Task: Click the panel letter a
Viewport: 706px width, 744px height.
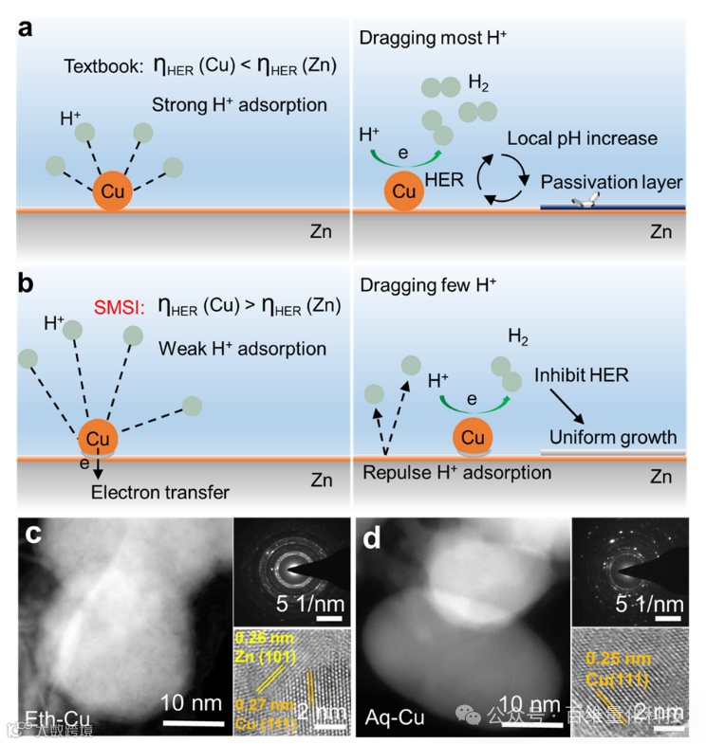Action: click(x=27, y=27)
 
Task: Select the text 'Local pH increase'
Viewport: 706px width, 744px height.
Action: click(x=582, y=138)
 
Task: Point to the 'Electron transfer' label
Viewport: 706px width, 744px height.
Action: click(x=160, y=492)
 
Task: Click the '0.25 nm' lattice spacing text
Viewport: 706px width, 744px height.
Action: click(x=605, y=656)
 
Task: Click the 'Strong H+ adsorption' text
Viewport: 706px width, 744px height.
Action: click(x=239, y=105)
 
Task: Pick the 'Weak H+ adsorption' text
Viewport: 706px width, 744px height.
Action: click(x=243, y=349)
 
